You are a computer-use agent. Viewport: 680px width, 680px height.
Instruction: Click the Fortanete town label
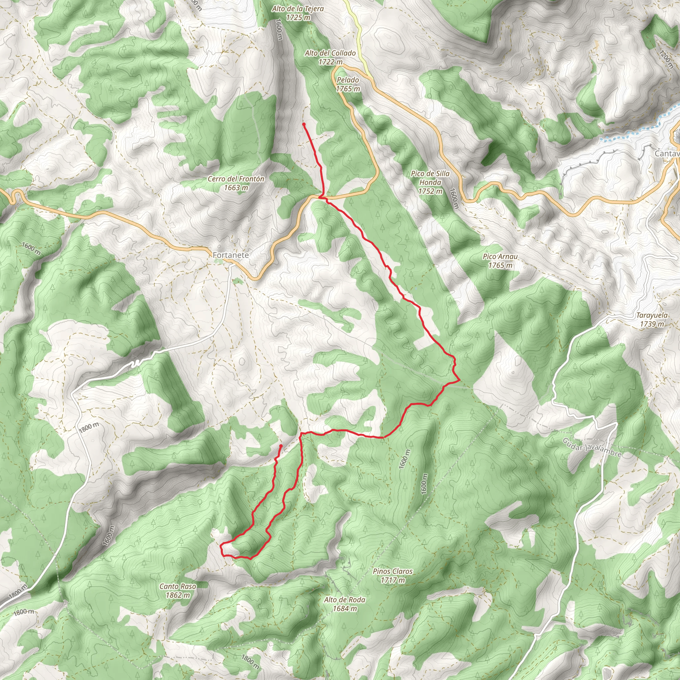tap(230, 255)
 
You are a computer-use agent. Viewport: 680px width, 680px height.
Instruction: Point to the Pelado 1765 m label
tap(348, 84)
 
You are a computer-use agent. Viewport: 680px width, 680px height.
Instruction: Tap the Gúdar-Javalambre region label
tap(592, 448)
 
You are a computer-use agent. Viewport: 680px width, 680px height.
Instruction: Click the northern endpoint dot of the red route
tap(304, 124)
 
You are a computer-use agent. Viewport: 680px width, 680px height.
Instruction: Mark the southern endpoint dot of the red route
tap(281, 446)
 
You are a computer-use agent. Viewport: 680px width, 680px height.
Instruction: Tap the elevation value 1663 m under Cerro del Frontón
tap(236, 188)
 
